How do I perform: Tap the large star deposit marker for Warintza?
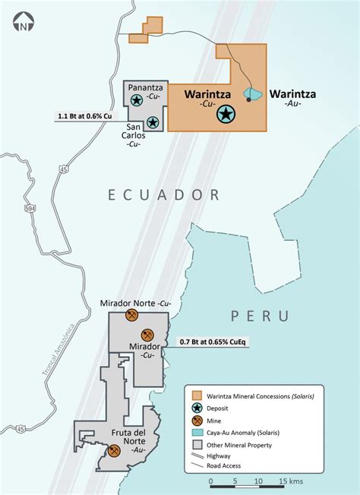pos(226,115)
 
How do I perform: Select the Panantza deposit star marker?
pos(136,99)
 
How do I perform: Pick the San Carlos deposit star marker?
pos(153,121)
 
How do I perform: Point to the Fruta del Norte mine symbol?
pos(115,451)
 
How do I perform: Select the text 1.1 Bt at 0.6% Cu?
pos(84,116)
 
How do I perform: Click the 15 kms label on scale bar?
pos(292,481)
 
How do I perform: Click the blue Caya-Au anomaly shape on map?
pos(254,93)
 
